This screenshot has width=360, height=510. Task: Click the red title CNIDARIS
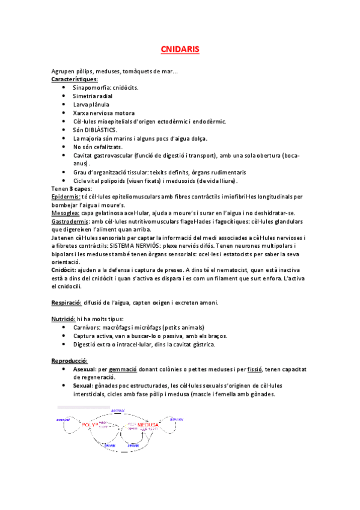click(180, 48)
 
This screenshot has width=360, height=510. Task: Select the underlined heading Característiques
click(75, 79)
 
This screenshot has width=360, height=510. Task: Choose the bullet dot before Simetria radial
click(64, 96)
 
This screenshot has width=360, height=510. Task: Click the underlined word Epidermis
click(65, 197)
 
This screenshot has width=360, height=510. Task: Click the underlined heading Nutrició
click(63, 319)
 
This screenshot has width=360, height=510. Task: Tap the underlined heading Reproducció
click(70, 360)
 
